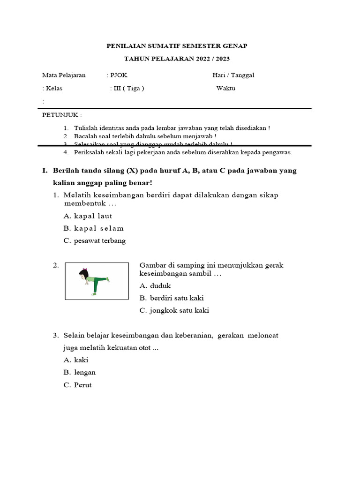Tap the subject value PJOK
click(x=118, y=75)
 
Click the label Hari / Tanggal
click(x=233, y=75)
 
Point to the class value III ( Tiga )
click(x=127, y=88)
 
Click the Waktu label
click(x=226, y=88)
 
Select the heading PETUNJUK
click(x=61, y=115)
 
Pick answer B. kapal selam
click(x=93, y=228)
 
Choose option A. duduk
click(x=155, y=285)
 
